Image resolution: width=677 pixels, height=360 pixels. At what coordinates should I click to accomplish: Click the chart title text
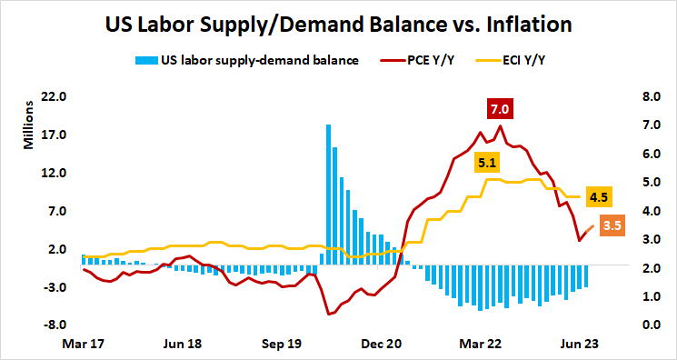coord(338,24)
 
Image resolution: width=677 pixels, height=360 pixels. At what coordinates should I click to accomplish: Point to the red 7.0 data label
coord(500,110)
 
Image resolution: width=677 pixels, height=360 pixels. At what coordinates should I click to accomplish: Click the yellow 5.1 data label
coord(487,164)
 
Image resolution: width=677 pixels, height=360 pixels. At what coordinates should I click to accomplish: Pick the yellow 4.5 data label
coord(599,197)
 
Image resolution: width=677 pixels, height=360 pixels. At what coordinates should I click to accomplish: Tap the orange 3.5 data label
coord(612,225)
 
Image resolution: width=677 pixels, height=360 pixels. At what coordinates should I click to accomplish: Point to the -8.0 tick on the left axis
coord(57,325)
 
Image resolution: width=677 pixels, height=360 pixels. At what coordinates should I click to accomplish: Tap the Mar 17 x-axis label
coord(82,345)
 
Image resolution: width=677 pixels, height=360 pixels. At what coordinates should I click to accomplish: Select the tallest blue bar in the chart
coord(328,195)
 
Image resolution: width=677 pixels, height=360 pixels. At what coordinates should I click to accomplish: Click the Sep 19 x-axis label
coord(282,345)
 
